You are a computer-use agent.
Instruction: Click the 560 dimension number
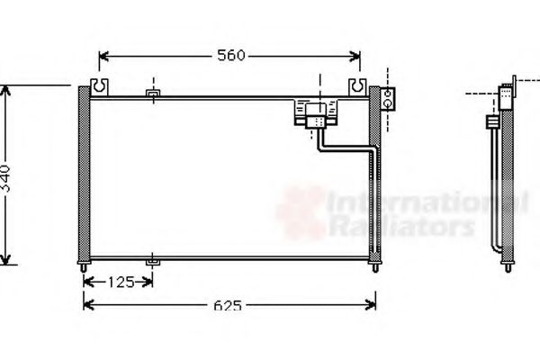(x=230, y=56)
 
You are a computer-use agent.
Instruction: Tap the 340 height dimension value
(x=6, y=178)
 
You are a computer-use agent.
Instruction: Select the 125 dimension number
(x=121, y=283)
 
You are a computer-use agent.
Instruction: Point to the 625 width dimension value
(x=228, y=305)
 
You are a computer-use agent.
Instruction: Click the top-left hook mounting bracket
(x=99, y=87)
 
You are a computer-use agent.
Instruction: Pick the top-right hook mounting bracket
(x=358, y=87)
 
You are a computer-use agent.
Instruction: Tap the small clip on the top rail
(x=153, y=94)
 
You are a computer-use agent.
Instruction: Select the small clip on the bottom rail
(x=153, y=262)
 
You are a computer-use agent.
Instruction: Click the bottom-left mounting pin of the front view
(x=84, y=268)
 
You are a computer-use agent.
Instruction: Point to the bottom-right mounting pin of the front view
(x=375, y=268)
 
